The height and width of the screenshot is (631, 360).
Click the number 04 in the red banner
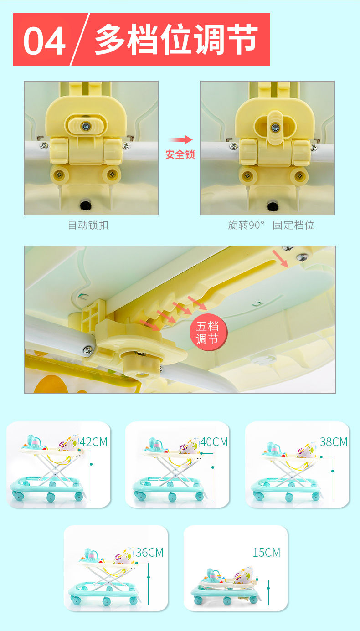[44, 41]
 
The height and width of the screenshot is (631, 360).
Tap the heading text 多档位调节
[176, 39]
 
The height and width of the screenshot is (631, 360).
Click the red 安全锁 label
[180, 154]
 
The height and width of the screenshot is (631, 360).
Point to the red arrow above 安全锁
[180, 139]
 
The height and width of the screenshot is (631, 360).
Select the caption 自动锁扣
[88, 225]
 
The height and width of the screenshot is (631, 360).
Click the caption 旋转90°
[246, 225]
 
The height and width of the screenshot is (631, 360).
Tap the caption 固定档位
[293, 225]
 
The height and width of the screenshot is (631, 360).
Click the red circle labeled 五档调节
[208, 333]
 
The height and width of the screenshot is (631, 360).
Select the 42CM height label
[93, 442]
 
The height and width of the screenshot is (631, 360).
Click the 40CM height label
[214, 442]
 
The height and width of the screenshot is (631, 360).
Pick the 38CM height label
[334, 442]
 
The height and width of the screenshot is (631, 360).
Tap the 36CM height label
[149, 552]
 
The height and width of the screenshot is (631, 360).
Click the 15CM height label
[267, 552]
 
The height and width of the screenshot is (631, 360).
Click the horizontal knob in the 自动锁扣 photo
[86, 125]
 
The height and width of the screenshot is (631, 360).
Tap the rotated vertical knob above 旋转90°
[275, 128]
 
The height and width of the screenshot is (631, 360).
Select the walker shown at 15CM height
[225, 586]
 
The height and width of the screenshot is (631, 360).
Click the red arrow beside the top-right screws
[280, 259]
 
